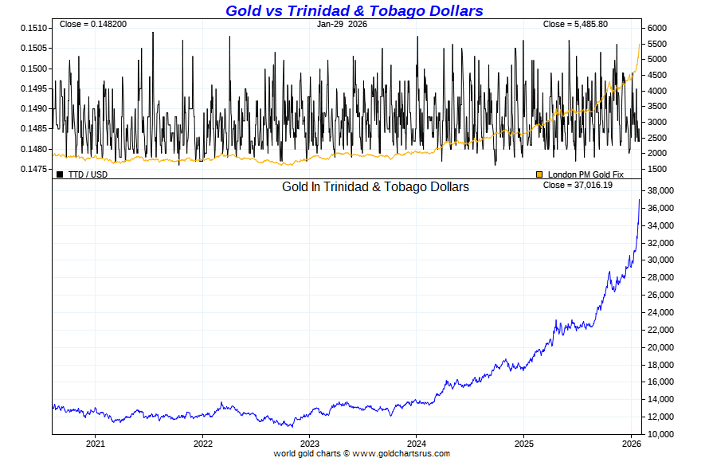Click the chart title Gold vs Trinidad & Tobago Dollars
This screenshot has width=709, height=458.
click(354, 10)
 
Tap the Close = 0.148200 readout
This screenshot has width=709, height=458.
click(92, 24)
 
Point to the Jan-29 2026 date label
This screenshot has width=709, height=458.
click(341, 24)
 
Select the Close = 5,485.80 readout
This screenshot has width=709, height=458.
click(575, 24)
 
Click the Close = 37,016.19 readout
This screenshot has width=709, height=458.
click(578, 186)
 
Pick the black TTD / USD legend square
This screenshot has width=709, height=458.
click(60, 174)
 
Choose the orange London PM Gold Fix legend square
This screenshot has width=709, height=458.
click(539, 174)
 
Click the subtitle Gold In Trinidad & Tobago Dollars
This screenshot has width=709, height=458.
click(375, 186)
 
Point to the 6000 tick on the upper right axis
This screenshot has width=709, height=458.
click(658, 28)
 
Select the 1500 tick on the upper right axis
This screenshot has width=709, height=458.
click(658, 169)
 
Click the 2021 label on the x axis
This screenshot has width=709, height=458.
click(96, 444)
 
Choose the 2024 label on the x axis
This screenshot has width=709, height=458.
click(417, 444)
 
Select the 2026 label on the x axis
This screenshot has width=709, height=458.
click(631, 444)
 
